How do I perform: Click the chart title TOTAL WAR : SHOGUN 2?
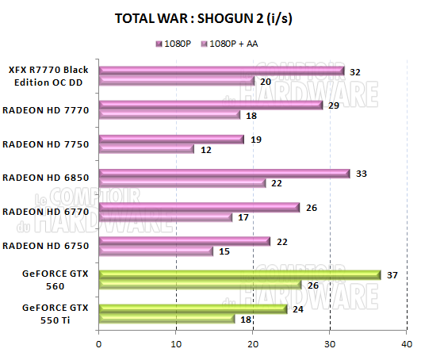[x=210, y=18]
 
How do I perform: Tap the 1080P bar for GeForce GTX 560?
[x=239, y=274]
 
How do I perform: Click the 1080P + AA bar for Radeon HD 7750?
[x=147, y=148]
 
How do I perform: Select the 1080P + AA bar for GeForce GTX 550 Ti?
[x=167, y=319]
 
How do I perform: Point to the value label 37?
[x=392, y=274]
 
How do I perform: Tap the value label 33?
[x=362, y=173]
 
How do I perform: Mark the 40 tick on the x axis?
[x=407, y=343]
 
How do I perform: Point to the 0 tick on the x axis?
[x=99, y=343]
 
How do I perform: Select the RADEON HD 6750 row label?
[x=45, y=246]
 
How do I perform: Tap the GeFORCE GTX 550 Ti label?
[x=55, y=314]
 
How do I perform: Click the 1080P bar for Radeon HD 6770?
[x=198, y=207]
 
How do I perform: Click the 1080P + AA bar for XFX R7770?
[x=176, y=80]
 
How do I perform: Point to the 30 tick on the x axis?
[x=330, y=343]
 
